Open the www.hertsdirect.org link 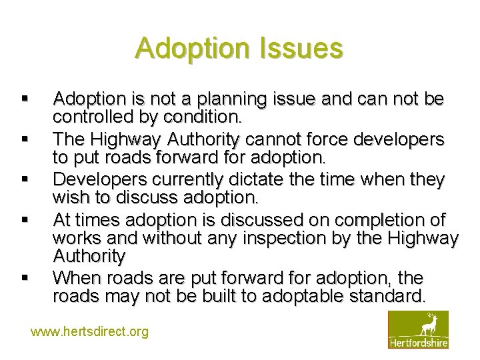click(x=90, y=331)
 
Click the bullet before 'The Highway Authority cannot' click(x=24, y=139)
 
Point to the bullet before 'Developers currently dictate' click(x=24, y=179)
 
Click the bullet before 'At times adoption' click(x=24, y=219)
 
